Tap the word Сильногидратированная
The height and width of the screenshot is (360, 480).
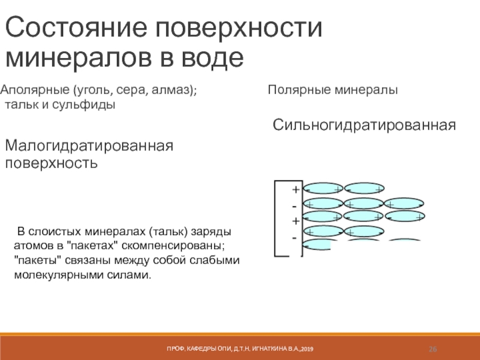(365, 125)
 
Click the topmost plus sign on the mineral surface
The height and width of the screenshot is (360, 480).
(295, 190)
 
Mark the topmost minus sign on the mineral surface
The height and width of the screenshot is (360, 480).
(294, 206)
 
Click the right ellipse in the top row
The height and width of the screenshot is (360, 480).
(365, 188)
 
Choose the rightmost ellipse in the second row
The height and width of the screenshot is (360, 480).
(403, 203)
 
